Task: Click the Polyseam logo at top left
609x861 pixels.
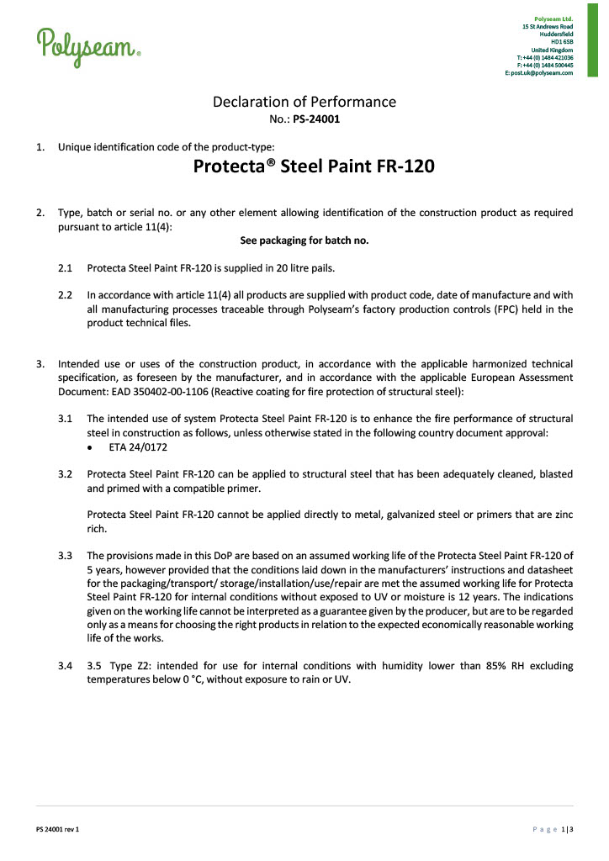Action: click(x=87, y=44)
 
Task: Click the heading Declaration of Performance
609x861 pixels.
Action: click(x=304, y=102)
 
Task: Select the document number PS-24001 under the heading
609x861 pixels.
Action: click(x=316, y=119)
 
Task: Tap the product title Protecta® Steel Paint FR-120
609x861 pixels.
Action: click(x=314, y=166)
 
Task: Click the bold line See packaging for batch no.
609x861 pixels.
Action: click(x=304, y=240)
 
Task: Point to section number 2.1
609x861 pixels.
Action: click(x=65, y=268)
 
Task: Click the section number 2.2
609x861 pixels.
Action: click(x=65, y=295)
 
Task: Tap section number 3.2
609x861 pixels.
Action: click(x=65, y=473)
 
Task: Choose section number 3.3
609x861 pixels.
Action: click(x=65, y=555)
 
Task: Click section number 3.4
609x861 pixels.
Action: click(x=65, y=666)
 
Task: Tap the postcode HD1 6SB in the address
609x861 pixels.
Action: click(x=561, y=41)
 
